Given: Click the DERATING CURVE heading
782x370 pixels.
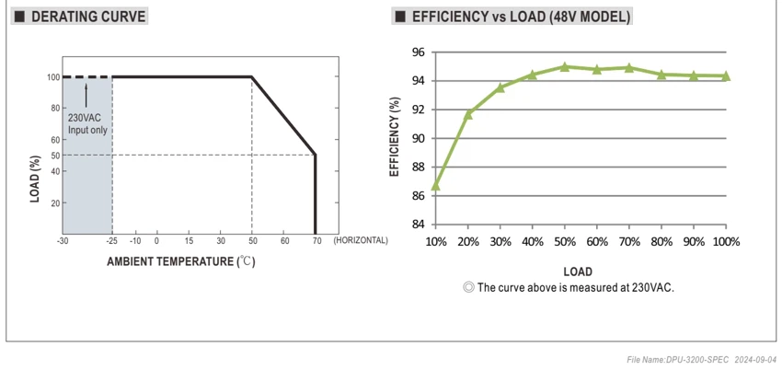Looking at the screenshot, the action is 88,17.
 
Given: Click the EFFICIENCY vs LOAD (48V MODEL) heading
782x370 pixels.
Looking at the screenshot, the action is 521,17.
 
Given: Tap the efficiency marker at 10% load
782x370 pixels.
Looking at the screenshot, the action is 435,186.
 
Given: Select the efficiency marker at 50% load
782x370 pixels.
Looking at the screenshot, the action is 565,66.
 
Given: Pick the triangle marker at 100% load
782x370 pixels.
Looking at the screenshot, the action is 726,75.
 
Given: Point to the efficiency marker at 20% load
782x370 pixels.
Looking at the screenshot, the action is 467,114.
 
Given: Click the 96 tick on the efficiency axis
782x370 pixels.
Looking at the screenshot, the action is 418,52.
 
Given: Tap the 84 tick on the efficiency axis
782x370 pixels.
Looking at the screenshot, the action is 418,225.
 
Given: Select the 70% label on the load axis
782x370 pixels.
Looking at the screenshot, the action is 629,242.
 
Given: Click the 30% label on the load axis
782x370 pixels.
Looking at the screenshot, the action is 500,242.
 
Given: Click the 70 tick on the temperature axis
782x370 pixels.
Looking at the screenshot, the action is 316,241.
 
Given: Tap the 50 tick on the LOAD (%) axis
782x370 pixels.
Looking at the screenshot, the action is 54,155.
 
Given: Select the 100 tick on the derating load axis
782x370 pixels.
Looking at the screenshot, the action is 52,77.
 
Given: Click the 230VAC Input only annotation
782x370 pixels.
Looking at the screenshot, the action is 87,124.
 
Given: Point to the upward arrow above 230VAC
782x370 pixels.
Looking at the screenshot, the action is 86,95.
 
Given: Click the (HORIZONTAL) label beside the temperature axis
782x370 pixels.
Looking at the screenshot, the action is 361,240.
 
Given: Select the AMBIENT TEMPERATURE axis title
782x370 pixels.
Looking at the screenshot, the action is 181,261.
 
